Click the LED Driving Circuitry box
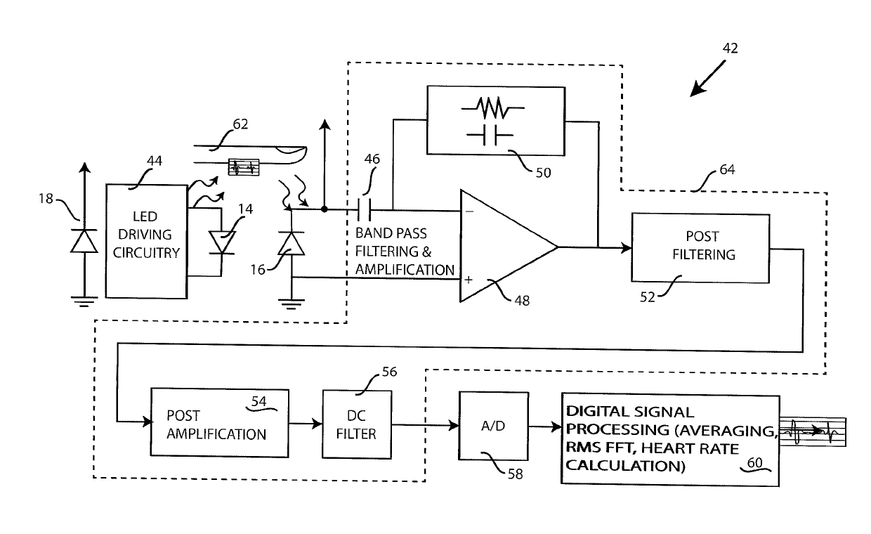coord(146,242)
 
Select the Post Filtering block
coord(700,248)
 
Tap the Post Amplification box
coord(220,423)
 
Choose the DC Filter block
coord(357,424)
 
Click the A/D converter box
coord(493,426)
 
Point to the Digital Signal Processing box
coord(670,439)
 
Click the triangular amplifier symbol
coord(509,246)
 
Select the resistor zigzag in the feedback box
coord(493,108)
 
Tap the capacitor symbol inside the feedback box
coord(490,136)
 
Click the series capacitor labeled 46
coord(365,210)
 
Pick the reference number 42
coord(731,48)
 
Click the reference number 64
coord(727,169)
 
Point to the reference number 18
coord(46,199)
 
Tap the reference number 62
coord(240,124)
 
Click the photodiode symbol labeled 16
coord(292,244)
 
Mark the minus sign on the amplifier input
coord(470,211)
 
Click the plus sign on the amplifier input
coord(469,280)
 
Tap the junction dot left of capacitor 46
coord(325,209)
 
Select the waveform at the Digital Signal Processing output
coord(813,431)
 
